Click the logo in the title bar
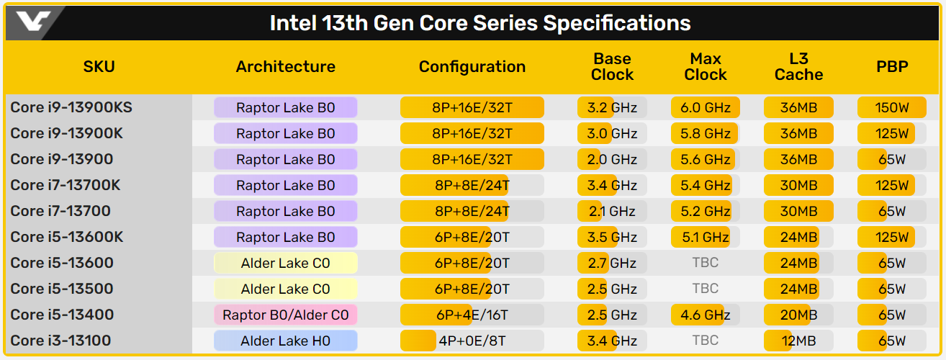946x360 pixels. click(x=35, y=22)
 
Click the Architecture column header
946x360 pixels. click(x=286, y=67)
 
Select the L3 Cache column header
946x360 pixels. click(x=798, y=67)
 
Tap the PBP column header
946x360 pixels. click(x=892, y=67)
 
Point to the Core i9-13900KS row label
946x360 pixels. click(x=71, y=108)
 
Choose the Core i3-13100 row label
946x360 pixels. click(x=60, y=341)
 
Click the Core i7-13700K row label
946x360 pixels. click(x=66, y=185)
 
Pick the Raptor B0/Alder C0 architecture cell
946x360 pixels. click(x=286, y=315)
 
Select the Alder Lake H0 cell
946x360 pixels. click(x=286, y=341)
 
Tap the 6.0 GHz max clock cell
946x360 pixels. click(x=706, y=108)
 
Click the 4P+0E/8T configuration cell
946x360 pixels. click(x=472, y=341)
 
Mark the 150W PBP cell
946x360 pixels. click(x=892, y=108)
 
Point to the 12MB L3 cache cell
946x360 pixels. click(x=798, y=341)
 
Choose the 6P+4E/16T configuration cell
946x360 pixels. click(x=472, y=315)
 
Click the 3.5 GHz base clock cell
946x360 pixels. click(x=612, y=237)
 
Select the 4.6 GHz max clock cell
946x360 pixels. click(x=706, y=315)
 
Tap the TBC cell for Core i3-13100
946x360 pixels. click(x=706, y=341)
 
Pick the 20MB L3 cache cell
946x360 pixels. click(x=798, y=315)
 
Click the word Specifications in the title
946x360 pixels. click(x=617, y=23)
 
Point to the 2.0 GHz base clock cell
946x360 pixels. click(x=612, y=159)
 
